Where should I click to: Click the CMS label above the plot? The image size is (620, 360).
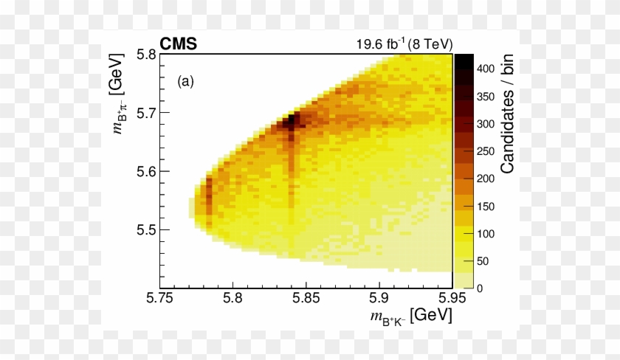coord(178,44)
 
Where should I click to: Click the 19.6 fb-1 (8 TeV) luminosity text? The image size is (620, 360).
coord(404,44)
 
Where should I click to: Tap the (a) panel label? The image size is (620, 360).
coord(185,81)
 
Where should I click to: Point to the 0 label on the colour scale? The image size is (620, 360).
coord(480,288)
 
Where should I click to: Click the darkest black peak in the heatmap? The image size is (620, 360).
coord(289,120)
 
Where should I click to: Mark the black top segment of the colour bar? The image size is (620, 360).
coord(464,62)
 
